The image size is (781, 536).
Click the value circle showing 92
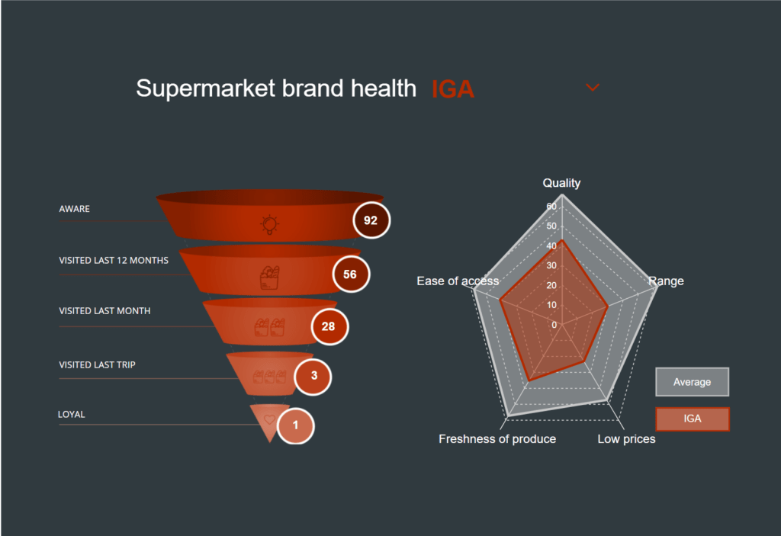(x=371, y=220)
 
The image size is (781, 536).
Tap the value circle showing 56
(x=351, y=274)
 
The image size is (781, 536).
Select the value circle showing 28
(x=329, y=326)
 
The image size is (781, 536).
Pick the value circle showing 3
(x=313, y=377)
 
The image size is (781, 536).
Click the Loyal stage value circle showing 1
(x=295, y=425)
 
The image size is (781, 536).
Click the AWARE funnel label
(x=74, y=209)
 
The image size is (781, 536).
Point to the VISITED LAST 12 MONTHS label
(x=114, y=260)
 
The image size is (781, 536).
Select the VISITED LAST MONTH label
(x=104, y=311)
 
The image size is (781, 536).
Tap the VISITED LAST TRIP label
(x=97, y=364)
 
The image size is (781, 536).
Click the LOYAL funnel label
(x=71, y=414)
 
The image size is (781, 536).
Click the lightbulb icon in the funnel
(x=269, y=224)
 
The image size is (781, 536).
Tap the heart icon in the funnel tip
(x=269, y=419)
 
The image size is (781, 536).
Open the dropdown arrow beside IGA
(x=592, y=88)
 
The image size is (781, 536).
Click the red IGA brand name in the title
(x=453, y=89)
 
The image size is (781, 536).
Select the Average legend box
(x=692, y=382)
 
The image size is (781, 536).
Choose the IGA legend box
(x=693, y=419)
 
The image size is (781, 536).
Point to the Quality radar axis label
(x=561, y=183)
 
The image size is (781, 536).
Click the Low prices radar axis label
(x=627, y=439)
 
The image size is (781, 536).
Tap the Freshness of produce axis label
(x=497, y=439)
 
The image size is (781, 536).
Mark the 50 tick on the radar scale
(x=551, y=226)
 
